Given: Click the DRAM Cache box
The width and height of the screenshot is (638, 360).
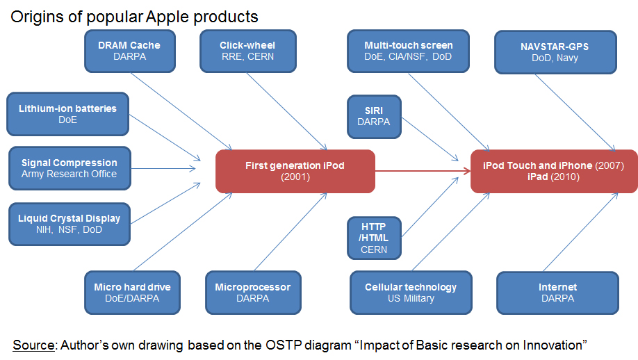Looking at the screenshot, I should tap(129, 51).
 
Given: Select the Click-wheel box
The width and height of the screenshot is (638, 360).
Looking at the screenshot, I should tap(247, 51).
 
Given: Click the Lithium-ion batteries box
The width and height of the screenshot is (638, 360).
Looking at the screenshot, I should tap(67, 114).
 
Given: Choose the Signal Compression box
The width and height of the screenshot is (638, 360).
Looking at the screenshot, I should tap(69, 168).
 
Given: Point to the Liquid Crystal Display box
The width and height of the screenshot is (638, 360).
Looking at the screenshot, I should tap(69, 223).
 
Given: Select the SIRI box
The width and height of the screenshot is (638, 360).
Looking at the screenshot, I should tap(374, 116).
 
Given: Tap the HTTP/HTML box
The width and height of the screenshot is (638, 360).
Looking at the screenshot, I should tap(374, 238).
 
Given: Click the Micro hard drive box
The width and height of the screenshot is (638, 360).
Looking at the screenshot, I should tap(132, 292).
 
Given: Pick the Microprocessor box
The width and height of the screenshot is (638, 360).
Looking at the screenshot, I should tap(252, 292).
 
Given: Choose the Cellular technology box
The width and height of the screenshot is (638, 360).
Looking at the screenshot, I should tap(411, 292).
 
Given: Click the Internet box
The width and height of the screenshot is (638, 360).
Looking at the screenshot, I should tap(557, 292).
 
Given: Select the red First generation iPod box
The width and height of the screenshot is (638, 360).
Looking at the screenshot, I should tap(295, 171).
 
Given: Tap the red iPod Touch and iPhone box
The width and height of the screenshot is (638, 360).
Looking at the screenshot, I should tap(553, 171).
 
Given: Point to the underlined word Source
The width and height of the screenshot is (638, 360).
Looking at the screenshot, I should tap(33, 345).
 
